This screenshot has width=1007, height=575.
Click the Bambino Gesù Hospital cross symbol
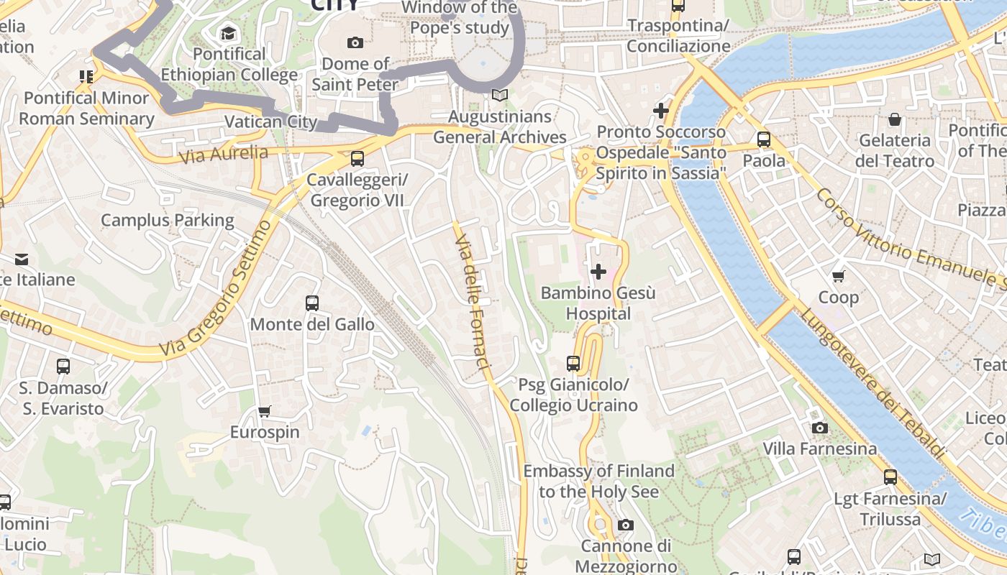pos(598,272)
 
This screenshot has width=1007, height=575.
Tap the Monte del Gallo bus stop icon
pos(311,303)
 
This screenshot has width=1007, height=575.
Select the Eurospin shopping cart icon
pos(264,412)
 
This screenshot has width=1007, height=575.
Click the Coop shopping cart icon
pos(838,277)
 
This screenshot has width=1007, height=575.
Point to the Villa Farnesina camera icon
pos(819,428)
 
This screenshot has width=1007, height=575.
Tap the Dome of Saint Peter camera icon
pos(355,43)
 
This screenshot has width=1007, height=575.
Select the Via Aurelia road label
pos(224,154)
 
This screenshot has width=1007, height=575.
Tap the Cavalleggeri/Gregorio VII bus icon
pos(357,159)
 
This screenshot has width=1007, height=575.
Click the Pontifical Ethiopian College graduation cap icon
pos(229,33)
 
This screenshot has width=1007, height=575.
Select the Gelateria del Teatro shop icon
pos(895,119)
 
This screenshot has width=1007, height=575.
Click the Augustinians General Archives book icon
pos(499,95)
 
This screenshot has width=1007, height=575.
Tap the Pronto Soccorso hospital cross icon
pos(660,111)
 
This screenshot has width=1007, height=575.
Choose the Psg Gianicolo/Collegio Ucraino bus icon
pos(573,364)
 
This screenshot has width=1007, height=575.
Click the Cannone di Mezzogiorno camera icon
pos(626,525)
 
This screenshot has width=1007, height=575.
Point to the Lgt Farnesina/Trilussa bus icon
pos(890,477)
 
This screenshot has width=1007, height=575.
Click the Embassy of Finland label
pos(598,481)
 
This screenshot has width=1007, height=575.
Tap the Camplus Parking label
pos(168,220)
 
